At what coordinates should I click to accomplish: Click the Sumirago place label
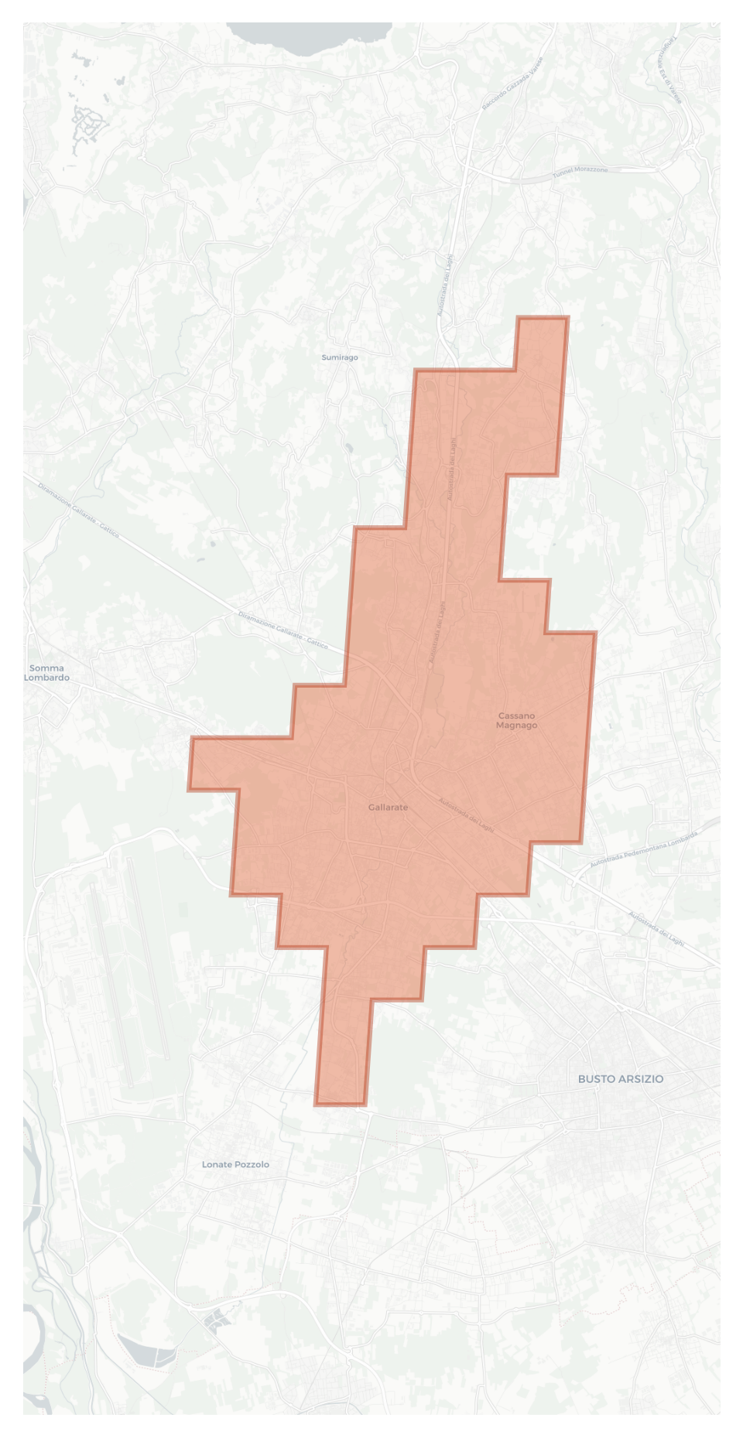point(340,357)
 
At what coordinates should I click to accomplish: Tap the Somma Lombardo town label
point(46,673)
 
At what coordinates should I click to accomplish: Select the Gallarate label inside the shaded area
point(388,808)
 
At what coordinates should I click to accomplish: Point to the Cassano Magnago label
point(516,721)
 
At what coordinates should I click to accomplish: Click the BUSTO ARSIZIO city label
point(621,1079)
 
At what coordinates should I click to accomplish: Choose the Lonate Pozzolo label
point(235,1164)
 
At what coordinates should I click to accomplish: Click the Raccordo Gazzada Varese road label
point(512,83)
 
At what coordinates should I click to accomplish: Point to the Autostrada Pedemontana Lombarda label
point(643,850)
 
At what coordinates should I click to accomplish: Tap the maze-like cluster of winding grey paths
point(88,124)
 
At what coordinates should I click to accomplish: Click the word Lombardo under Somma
point(46,678)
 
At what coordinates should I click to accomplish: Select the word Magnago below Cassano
point(516,726)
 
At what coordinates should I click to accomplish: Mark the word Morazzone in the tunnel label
point(592,169)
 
